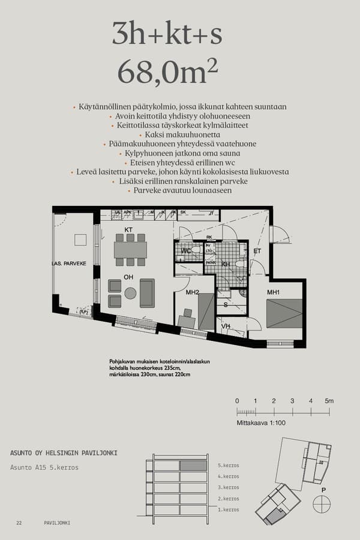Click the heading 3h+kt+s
(x=167, y=35)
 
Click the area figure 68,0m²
(x=167, y=73)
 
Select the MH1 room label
(x=273, y=292)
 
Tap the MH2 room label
(x=192, y=292)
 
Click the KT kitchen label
(x=128, y=230)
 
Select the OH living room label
(x=128, y=277)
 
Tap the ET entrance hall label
(x=257, y=251)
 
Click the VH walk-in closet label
(x=226, y=326)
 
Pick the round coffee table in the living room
(x=130, y=293)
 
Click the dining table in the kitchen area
(x=130, y=249)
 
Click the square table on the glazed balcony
(x=80, y=240)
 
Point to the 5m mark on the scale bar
(x=329, y=401)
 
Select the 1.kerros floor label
(x=228, y=509)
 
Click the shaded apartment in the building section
(x=193, y=466)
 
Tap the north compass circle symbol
(x=322, y=504)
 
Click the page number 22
(x=19, y=523)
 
